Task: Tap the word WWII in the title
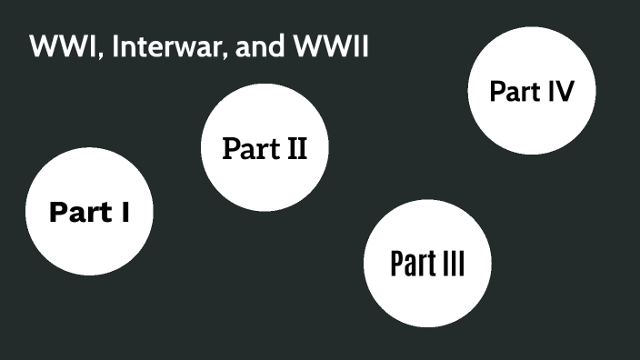click(329, 47)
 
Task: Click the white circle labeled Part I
click(89, 212)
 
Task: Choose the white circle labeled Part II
click(265, 147)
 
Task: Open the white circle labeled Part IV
click(532, 91)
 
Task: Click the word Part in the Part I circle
click(78, 213)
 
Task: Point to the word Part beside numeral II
click(248, 148)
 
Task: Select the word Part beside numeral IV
click(515, 91)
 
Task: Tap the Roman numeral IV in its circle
click(559, 91)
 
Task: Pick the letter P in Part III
click(396, 264)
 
